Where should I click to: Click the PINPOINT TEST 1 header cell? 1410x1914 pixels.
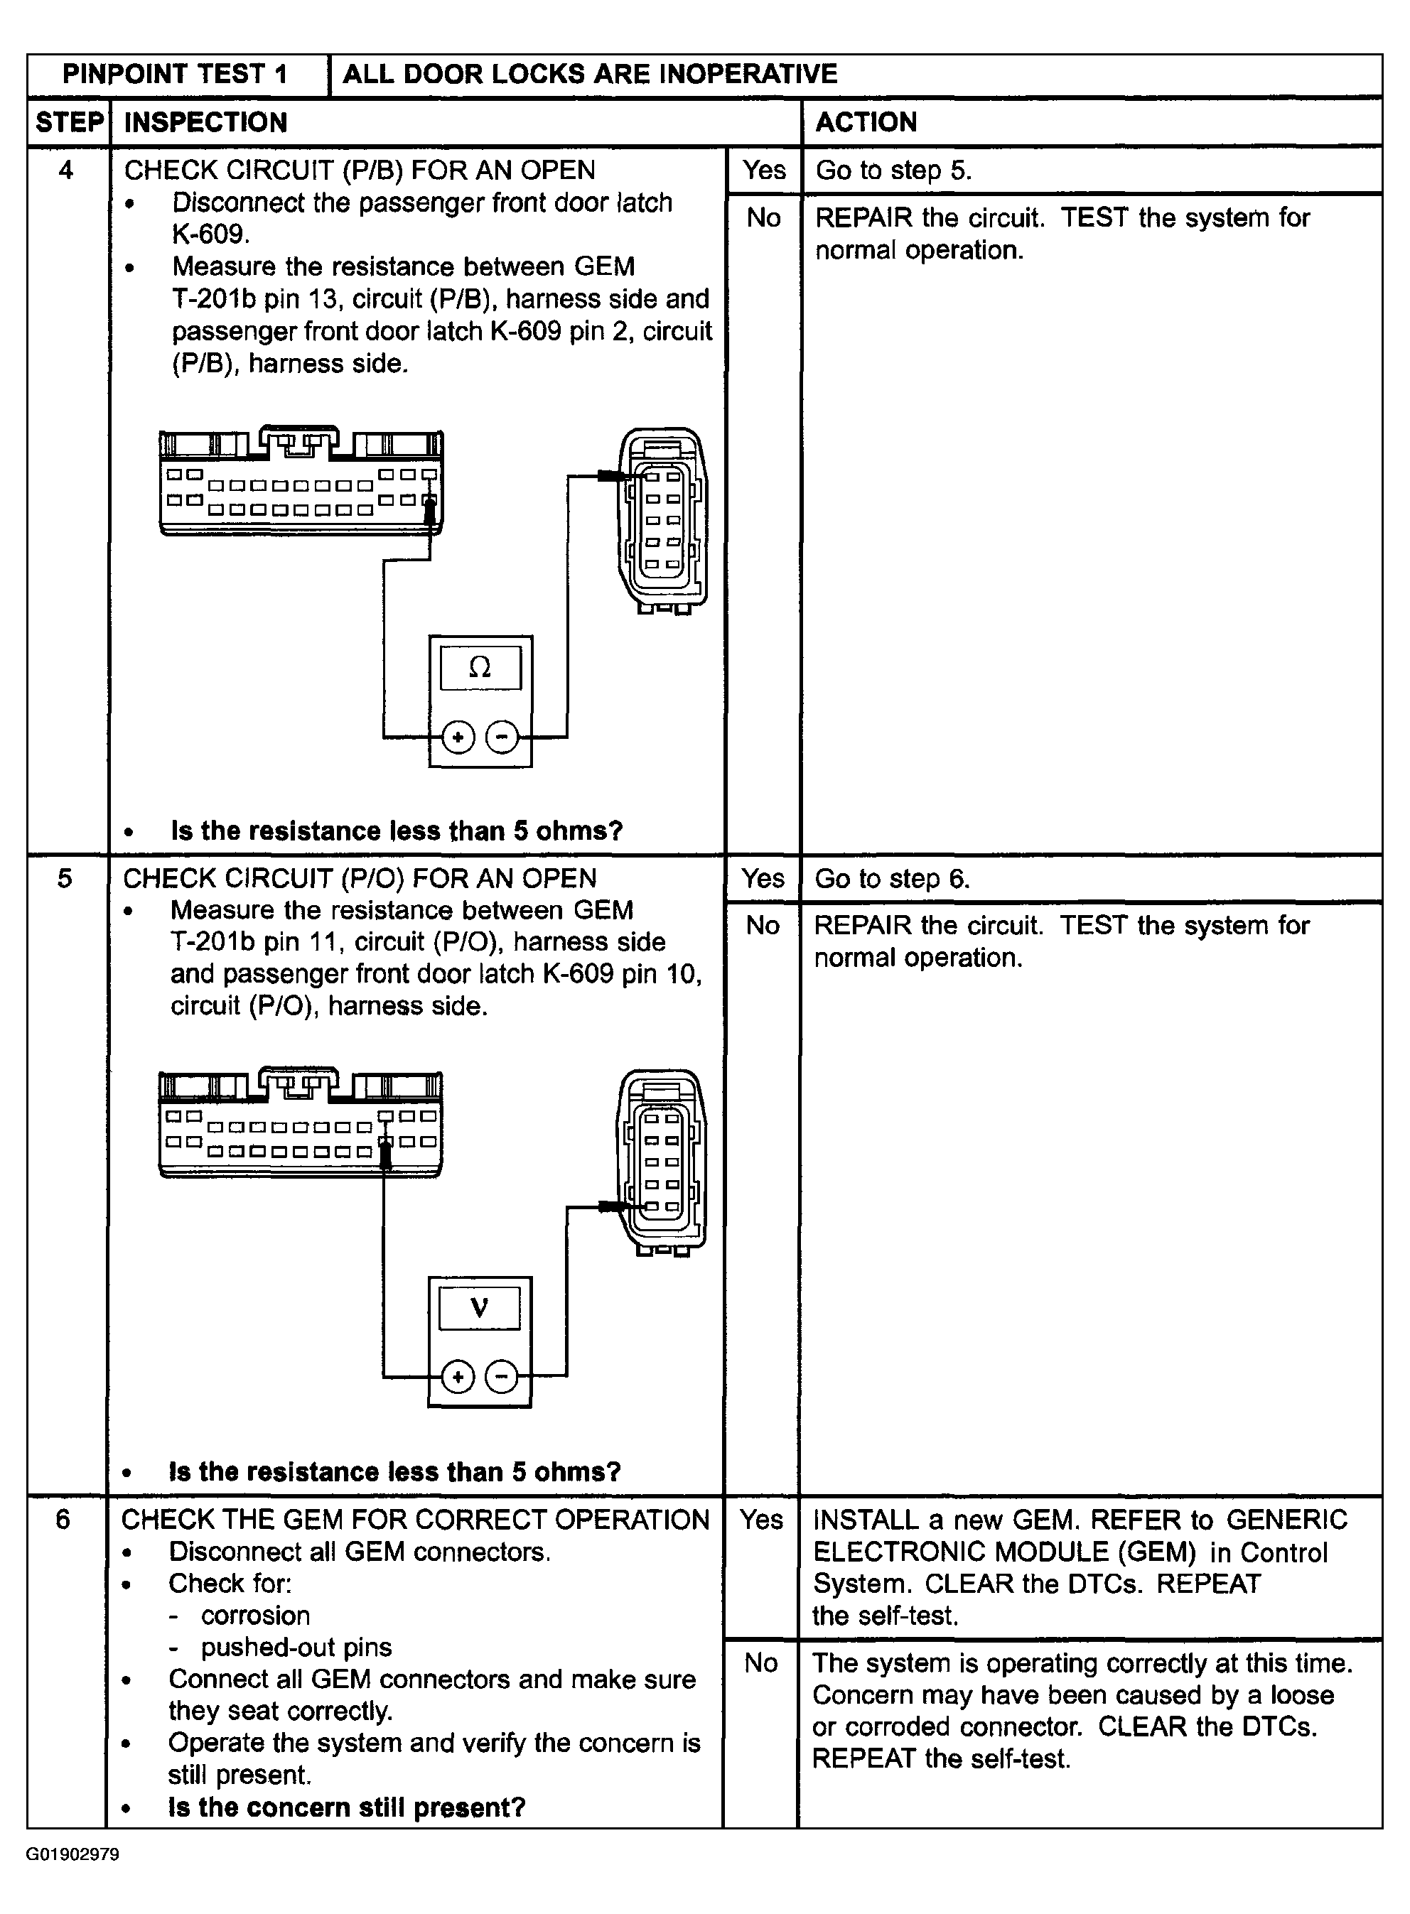[175, 74]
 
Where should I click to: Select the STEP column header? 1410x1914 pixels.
[68, 123]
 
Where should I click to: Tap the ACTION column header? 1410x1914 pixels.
[866, 123]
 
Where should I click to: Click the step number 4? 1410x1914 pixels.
[65, 171]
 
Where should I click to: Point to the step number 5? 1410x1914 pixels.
[65, 878]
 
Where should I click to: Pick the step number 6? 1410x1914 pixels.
[63, 1520]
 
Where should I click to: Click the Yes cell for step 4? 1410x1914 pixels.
[763, 171]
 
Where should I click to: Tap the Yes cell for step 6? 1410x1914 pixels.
[760, 1520]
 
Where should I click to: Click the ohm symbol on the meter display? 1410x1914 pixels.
[480, 667]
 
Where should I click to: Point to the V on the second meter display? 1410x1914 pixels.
[479, 1307]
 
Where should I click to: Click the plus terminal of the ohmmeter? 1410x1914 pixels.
[458, 737]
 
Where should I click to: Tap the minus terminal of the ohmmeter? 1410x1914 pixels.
[502, 737]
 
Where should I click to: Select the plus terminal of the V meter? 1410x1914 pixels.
[458, 1376]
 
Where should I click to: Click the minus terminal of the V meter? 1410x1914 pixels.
[501, 1376]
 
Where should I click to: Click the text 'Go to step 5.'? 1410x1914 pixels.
[893, 171]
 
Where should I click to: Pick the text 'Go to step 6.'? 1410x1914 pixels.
[892, 878]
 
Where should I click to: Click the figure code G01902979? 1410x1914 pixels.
[72, 1855]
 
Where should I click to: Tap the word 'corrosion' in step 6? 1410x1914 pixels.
[255, 1616]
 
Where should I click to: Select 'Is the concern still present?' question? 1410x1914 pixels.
[347, 1807]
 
